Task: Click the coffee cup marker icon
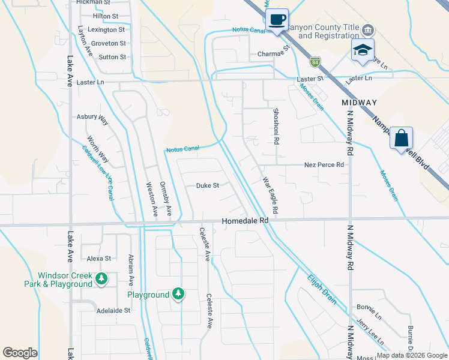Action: (x=277, y=20)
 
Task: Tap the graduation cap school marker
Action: (x=363, y=50)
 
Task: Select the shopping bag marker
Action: (x=400, y=138)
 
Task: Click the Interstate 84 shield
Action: (x=316, y=61)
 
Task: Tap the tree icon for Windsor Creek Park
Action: (x=102, y=278)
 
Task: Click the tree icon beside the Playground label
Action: (x=178, y=294)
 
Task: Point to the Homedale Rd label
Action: (x=245, y=221)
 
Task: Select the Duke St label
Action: (x=207, y=186)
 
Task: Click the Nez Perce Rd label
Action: (x=324, y=164)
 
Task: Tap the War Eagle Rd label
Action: (x=270, y=196)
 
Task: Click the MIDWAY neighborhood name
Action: (x=359, y=103)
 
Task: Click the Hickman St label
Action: (x=93, y=2)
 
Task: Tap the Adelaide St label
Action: (x=113, y=311)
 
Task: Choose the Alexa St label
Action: (x=99, y=259)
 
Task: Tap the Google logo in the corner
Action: (x=20, y=353)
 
